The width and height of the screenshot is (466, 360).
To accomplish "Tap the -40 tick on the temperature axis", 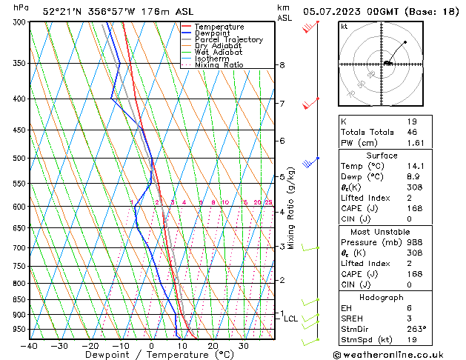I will point(30,345).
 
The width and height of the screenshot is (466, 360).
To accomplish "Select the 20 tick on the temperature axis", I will point(213,345).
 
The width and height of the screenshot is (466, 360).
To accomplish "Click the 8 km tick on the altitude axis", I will point(282,65).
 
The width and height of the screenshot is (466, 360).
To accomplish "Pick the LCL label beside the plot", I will point(291,319).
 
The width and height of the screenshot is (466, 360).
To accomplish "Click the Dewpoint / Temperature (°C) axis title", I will point(152,355).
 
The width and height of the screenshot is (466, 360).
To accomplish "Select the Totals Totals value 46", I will point(413,132).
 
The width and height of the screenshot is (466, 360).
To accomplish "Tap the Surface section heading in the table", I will point(382,156).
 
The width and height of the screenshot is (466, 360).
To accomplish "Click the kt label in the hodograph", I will point(344,27).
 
